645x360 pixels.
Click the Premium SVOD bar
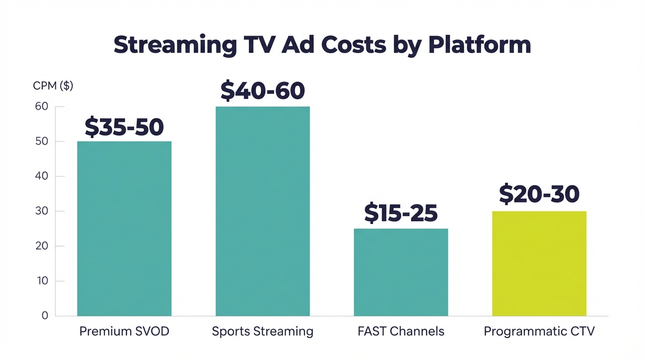coord(124,228)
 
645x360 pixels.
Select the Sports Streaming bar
coord(262,211)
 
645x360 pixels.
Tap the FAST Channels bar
coord(401,272)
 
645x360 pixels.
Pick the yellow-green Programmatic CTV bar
coord(539,263)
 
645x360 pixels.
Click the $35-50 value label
coord(124,127)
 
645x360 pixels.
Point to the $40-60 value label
coord(262,91)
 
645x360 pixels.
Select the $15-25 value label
coord(401,213)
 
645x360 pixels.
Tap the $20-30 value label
coord(539,194)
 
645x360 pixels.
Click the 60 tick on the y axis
coord(42,106)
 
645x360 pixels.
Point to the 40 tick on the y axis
coord(42,176)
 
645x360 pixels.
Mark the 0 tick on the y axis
coord(45,315)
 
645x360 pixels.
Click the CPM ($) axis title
coord(53,86)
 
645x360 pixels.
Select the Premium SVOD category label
coord(124,331)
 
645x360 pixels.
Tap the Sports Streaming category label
coord(262,331)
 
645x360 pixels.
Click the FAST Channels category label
coord(401,331)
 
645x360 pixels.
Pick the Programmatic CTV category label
coord(539,331)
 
